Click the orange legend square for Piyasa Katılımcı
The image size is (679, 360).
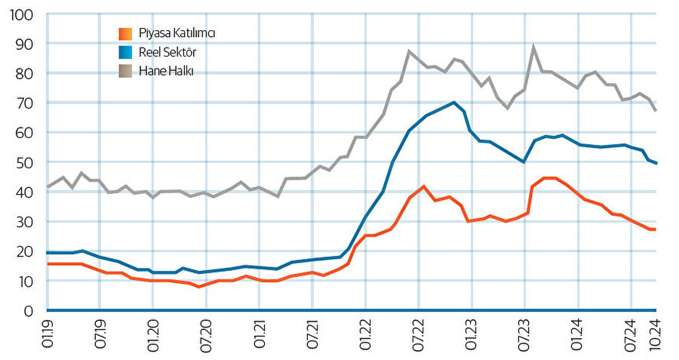pyautogui.click(x=126, y=33)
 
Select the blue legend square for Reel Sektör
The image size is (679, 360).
pyautogui.click(x=126, y=52)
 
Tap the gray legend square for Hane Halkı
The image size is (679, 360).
pyautogui.click(x=126, y=71)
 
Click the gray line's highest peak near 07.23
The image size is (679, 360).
pyautogui.click(x=534, y=48)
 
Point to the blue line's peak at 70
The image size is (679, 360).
pyautogui.click(x=454, y=103)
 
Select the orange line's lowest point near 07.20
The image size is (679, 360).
pyautogui.click(x=199, y=287)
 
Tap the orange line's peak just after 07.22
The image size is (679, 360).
pyautogui.click(x=424, y=186)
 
